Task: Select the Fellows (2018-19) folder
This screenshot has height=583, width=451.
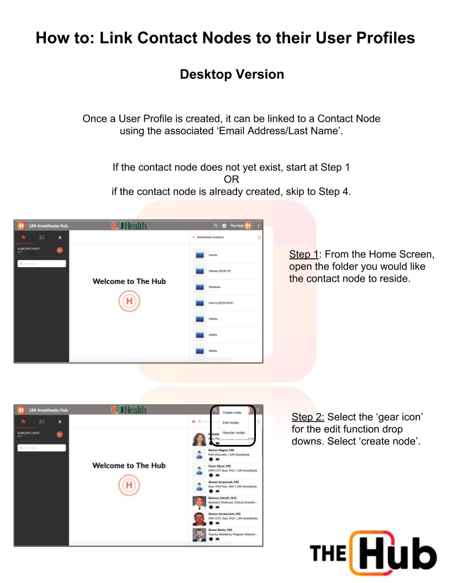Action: pos(221,271)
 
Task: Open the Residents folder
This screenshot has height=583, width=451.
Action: pos(214,287)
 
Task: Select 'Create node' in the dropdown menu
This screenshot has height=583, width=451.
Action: pos(232,412)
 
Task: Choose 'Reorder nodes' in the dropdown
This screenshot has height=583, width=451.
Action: pos(233,432)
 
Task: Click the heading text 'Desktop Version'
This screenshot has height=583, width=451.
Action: pos(232,74)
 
